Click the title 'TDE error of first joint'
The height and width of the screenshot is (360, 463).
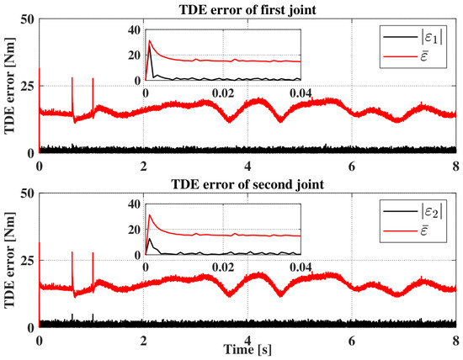tap(247, 10)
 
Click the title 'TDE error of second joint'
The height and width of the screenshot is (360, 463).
tap(247, 184)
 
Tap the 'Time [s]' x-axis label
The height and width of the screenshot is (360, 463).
tap(247, 350)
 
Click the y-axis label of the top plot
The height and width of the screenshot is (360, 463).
tap(9, 86)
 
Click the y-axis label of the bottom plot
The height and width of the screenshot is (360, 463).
tap(9, 260)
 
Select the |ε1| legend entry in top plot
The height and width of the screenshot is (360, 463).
tap(413, 38)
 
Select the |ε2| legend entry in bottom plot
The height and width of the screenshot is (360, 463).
tap(413, 212)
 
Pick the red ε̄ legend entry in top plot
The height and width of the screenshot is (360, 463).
tap(406, 56)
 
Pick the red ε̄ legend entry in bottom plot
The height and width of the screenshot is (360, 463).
tap(406, 230)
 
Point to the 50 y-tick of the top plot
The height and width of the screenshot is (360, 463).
tap(29, 19)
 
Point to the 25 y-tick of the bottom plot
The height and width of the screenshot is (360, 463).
tap(29, 260)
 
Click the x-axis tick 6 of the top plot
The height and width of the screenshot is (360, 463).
tap(351, 167)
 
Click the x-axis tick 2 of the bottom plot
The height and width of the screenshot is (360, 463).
tap(143, 341)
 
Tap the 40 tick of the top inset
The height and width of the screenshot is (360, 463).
tap(136, 29)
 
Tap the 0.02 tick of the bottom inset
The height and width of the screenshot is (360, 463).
tap(223, 267)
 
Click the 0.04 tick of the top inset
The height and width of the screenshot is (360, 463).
tap(301, 93)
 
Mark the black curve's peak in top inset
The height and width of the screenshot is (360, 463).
tap(149, 45)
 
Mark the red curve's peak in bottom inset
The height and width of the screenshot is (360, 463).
tap(149, 214)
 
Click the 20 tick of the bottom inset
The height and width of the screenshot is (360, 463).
tap(136, 230)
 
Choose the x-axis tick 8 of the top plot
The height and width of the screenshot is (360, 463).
tap(456, 167)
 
